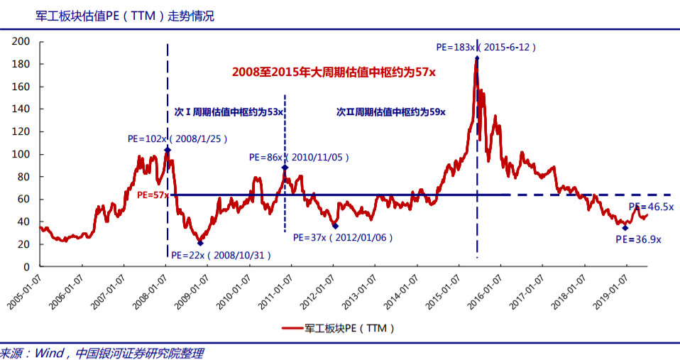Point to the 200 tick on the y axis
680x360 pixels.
[x=21, y=42]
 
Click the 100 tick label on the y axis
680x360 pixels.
[x=21, y=154]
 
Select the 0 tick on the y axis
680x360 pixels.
[x=26, y=266]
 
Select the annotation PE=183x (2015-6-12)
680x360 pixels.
[x=486, y=48]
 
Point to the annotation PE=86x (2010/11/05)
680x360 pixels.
[x=299, y=157]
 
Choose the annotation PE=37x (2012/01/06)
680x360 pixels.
[x=343, y=237]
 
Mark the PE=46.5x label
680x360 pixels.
[x=651, y=207]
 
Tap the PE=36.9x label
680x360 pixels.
[x=638, y=239]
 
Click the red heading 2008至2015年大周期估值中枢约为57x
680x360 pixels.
[x=334, y=72]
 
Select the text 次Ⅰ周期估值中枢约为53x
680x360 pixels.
[x=229, y=112]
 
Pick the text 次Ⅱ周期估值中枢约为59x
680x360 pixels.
[x=390, y=112]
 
